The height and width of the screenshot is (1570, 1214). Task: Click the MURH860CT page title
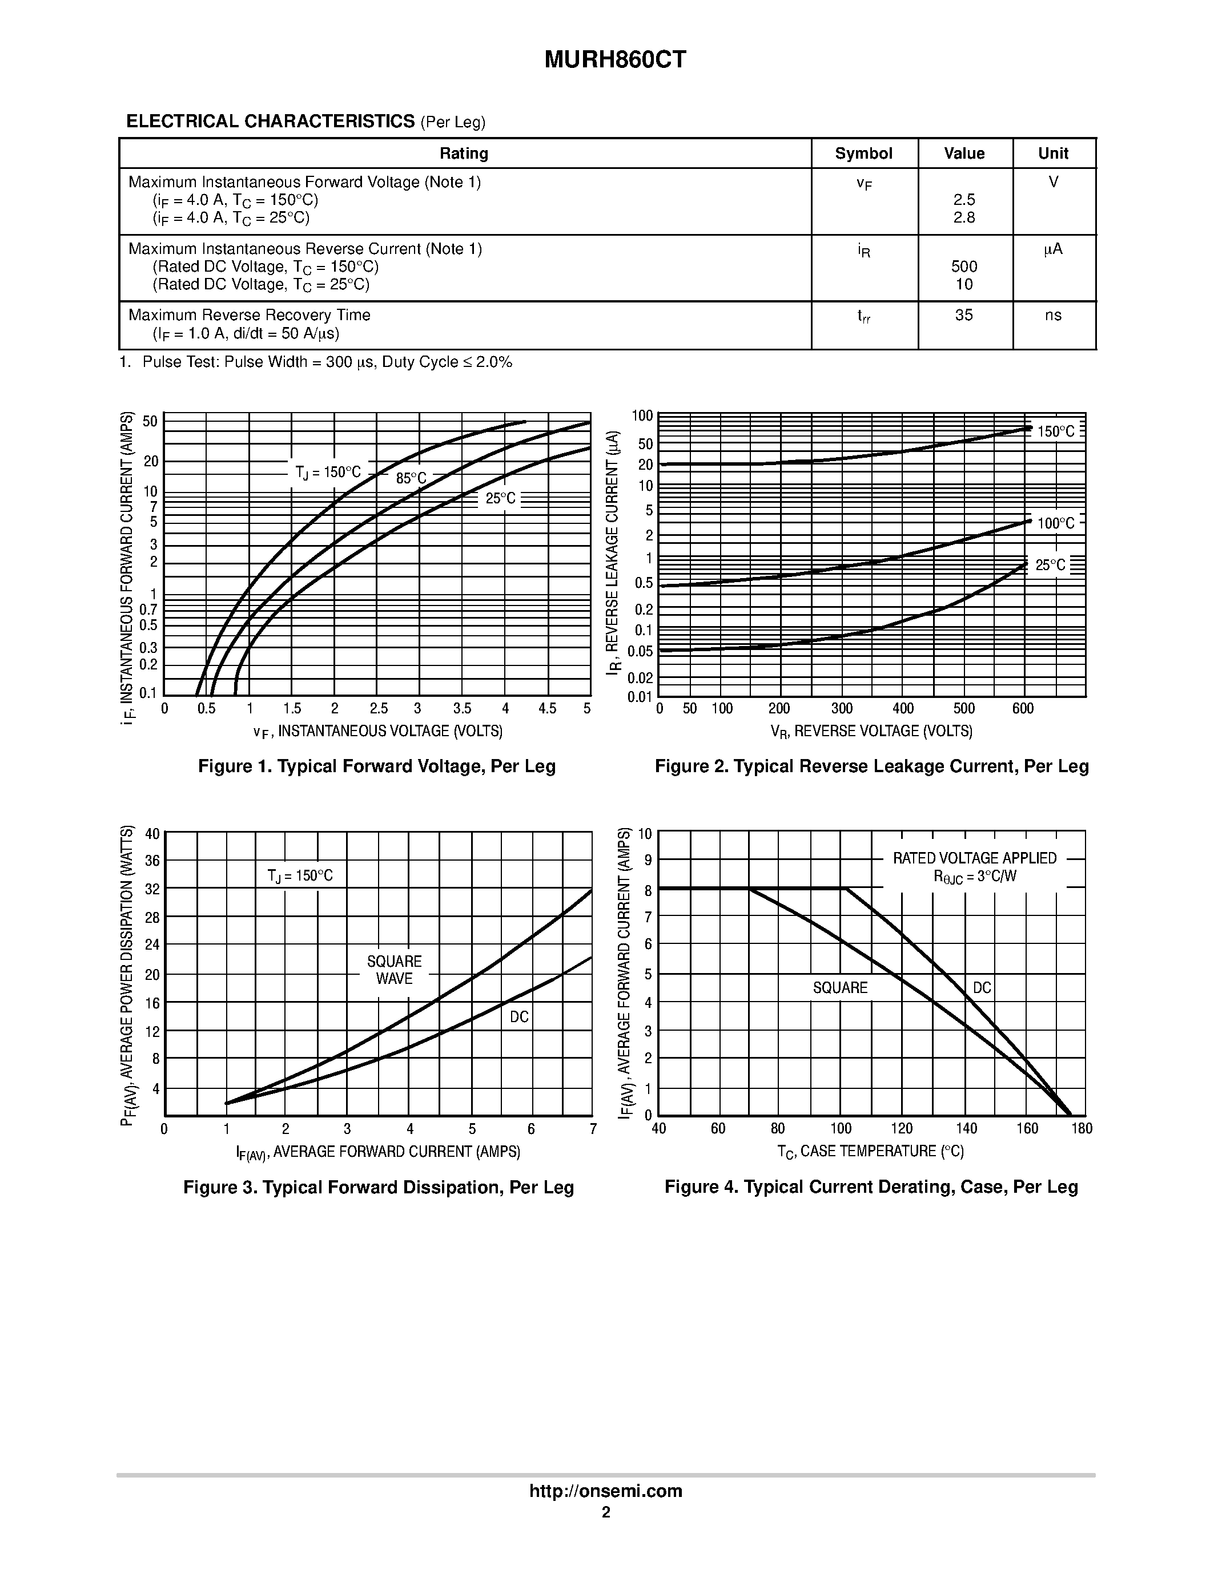(x=615, y=60)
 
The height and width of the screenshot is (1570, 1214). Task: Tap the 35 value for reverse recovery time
(x=964, y=316)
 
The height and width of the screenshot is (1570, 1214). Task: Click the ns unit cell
(x=1053, y=316)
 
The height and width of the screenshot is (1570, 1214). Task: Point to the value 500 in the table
(x=964, y=267)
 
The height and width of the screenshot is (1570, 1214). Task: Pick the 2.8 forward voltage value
(x=964, y=218)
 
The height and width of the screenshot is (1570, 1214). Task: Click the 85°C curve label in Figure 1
(x=411, y=478)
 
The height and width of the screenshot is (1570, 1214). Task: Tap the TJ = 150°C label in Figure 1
(x=328, y=473)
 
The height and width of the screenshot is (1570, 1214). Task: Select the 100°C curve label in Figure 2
(x=1056, y=523)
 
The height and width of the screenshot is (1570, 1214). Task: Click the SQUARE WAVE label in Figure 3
(x=394, y=970)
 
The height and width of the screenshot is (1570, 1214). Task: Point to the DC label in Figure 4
(x=982, y=988)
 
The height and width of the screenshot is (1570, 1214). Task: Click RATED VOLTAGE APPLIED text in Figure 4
(x=975, y=858)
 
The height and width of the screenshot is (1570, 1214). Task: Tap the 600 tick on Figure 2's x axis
(x=1022, y=709)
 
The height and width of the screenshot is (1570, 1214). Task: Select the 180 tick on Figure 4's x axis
(x=1081, y=1129)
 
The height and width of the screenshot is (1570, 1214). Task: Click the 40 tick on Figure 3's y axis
(x=152, y=834)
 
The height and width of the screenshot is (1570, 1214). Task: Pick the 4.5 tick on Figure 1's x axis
(x=547, y=709)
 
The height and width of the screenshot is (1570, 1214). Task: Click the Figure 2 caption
(x=871, y=766)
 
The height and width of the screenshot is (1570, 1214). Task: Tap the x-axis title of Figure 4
(x=870, y=1152)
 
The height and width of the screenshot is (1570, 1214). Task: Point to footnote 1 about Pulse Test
(x=316, y=362)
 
